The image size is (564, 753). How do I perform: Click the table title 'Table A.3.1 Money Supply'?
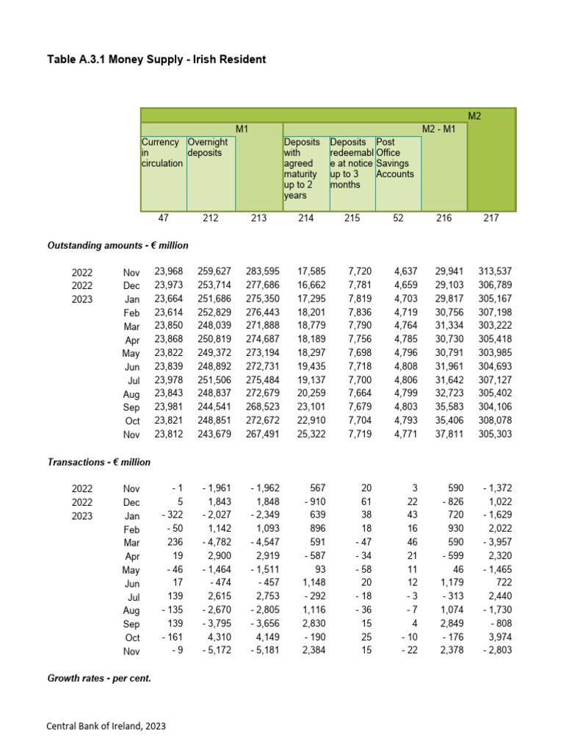[x=156, y=59]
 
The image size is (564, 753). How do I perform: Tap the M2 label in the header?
[x=474, y=115]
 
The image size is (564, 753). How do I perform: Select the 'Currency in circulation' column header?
[x=162, y=152]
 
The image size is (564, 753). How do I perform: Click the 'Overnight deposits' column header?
[x=208, y=147]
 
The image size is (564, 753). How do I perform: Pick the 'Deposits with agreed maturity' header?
[x=302, y=168]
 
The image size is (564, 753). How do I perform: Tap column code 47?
[x=163, y=218]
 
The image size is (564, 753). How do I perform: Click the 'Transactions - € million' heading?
[x=98, y=462]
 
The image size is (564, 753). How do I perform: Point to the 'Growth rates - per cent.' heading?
[x=99, y=678]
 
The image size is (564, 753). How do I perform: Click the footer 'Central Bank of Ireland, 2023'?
[x=106, y=726]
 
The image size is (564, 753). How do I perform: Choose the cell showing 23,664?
[x=169, y=299]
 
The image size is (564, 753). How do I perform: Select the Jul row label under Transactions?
[x=132, y=597]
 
